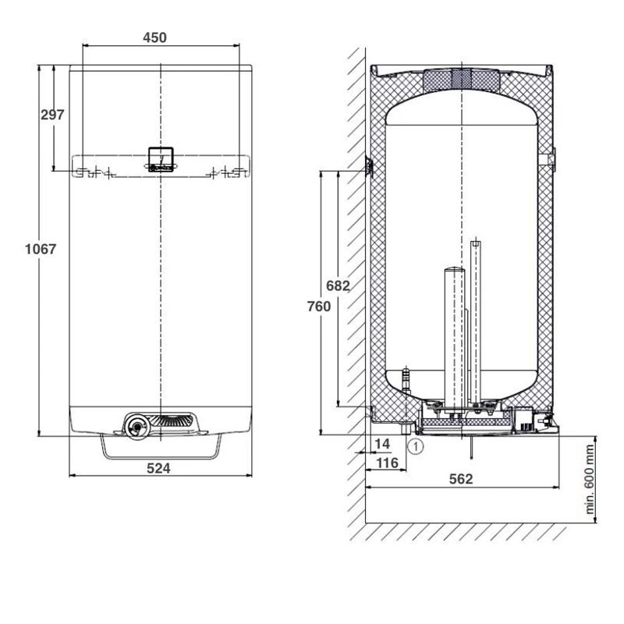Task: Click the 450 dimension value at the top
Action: coord(154,37)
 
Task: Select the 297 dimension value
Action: coord(52,115)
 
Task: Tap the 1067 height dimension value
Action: coord(41,249)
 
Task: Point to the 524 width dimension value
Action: coord(158,469)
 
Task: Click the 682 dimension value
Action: coord(338,285)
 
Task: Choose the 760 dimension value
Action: coord(319,307)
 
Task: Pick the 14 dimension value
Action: coord(382,444)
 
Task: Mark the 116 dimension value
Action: coord(387,463)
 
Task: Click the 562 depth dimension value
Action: coord(461,479)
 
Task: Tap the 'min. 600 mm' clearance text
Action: coord(590,480)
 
